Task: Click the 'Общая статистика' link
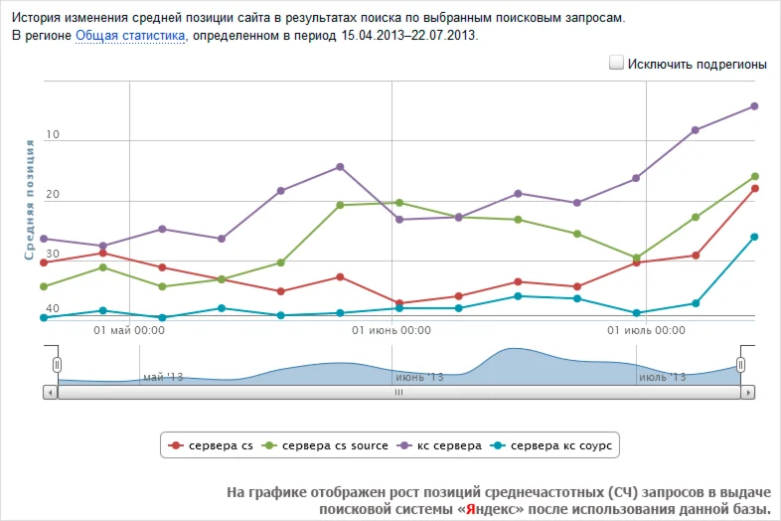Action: coord(130,36)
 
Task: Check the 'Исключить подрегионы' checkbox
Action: coord(616,64)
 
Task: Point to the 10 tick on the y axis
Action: coord(53,134)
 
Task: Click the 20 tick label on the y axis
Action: coord(53,195)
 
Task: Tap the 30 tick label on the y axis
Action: coord(53,256)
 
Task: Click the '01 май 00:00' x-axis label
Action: coord(129,330)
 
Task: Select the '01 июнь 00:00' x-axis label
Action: coord(391,330)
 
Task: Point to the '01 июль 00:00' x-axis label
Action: coord(646,330)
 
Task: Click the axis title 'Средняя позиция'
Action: coord(30,199)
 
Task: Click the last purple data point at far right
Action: coord(754,106)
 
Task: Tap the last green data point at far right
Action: coord(755,177)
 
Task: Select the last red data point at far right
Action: coord(755,189)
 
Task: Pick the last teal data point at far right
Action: coord(754,237)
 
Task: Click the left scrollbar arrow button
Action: coord(50,393)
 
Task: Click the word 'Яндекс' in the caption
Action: coord(492,509)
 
